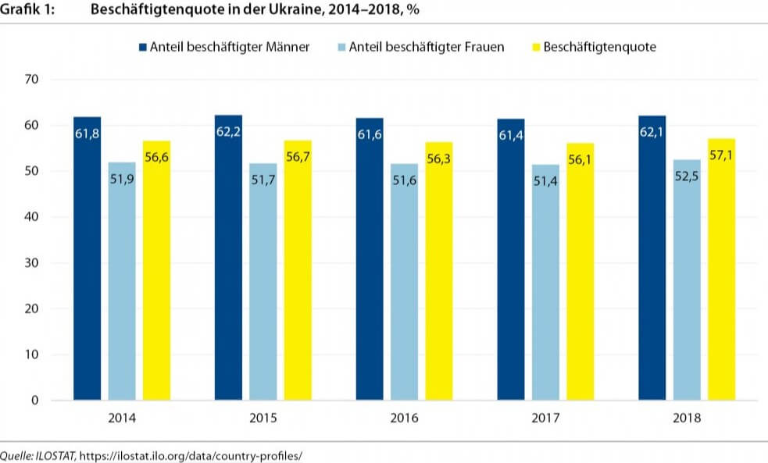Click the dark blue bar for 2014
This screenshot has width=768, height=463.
point(88,258)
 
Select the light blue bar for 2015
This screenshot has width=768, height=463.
point(263,281)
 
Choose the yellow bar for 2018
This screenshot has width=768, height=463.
point(721,269)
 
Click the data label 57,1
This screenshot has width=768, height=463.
point(721,154)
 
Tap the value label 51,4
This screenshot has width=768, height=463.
point(545,180)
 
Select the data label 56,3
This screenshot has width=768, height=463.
point(439,157)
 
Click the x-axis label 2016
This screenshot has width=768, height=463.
point(404,418)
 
